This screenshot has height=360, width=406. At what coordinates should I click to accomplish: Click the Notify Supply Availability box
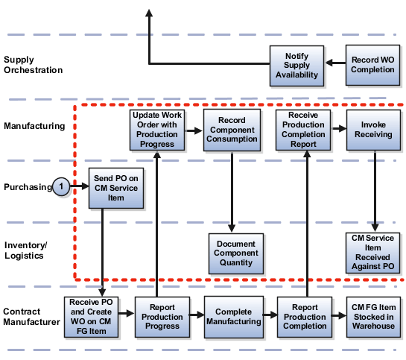click(x=296, y=65)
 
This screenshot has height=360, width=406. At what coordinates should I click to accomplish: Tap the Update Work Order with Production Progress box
click(x=156, y=130)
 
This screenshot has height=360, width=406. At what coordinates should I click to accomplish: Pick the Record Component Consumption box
click(x=232, y=130)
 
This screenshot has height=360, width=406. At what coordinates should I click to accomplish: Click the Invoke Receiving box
click(x=373, y=130)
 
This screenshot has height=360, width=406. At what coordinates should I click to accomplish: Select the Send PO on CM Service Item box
click(x=115, y=186)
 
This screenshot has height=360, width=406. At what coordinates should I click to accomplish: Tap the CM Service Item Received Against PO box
click(x=373, y=252)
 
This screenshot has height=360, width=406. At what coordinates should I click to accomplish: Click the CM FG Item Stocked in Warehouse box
click(x=373, y=316)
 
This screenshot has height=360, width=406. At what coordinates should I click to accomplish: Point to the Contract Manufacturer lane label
click(x=31, y=316)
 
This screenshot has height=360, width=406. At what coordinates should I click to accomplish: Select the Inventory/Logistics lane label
click(x=27, y=250)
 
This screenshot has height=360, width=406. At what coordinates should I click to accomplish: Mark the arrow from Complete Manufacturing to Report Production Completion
click(x=270, y=316)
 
